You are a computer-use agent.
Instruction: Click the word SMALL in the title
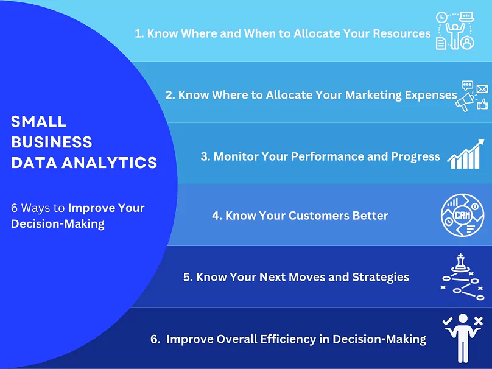click(x=38, y=121)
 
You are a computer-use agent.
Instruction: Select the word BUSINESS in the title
click(x=52, y=142)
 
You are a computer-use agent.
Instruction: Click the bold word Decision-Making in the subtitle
click(x=58, y=223)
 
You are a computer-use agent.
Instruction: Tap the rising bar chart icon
click(x=466, y=156)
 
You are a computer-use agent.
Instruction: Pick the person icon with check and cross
click(x=463, y=336)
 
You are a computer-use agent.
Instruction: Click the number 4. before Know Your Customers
click(x=217, y=216)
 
